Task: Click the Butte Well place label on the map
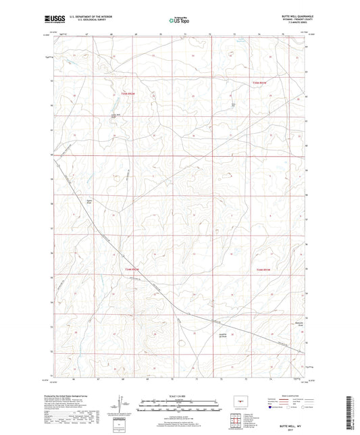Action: pyautogui.click(x=234, y=105)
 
